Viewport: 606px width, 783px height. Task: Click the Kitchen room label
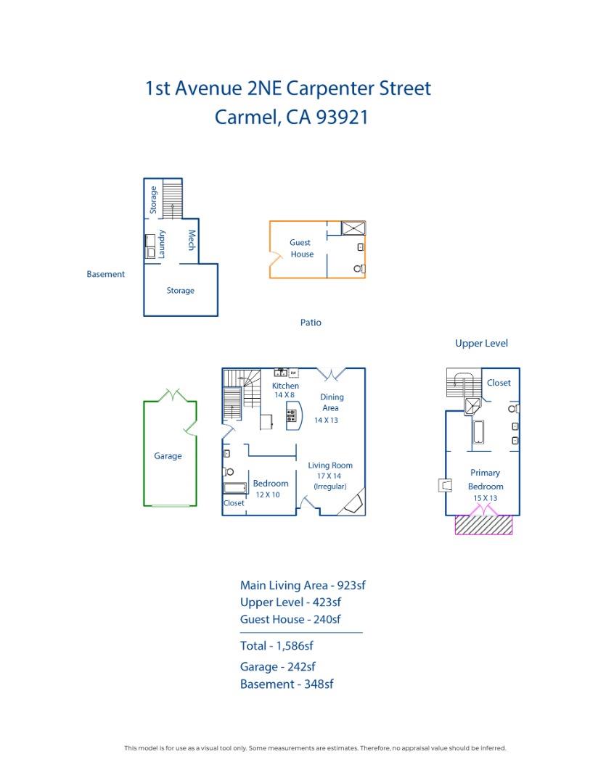[x=285, y=386]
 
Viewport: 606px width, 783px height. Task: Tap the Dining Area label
[x=331, y=402]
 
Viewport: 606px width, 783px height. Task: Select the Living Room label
[x=330, y=465]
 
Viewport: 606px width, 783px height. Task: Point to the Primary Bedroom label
[x=485, y=479]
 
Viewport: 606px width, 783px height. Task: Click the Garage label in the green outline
[x=168, y=456]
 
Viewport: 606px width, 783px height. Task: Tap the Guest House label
[x=301, y=248]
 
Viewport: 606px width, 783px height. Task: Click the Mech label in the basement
[x=191, y=240]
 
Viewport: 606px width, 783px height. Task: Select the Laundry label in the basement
[x=162, y=244]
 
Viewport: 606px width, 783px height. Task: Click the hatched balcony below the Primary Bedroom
[x=483, y=525]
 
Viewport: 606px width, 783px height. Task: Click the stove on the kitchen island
[x=291, y=415]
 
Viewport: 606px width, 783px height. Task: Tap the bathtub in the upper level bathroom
[x=478, y=432]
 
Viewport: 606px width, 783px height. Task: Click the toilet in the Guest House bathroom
[x=359, y=269]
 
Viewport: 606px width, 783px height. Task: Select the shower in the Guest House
[x=353, y=228]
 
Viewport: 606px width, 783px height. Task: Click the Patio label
[x=311, y=323]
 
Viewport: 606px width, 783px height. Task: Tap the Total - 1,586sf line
[x=277, y=646]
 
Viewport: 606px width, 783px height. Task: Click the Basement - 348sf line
[x=287, y=684]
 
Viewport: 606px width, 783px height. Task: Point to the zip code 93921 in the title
[x=342, y=117]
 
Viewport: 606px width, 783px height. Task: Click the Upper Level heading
[x=481, y=344]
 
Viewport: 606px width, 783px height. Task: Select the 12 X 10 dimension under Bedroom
[x=268, y=495]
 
